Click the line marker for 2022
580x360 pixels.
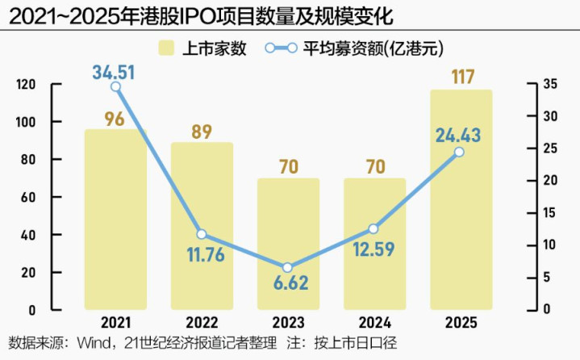tap(202, 234)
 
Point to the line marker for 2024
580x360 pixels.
tap(373, 229)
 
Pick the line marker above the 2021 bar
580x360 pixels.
tap(115, 86)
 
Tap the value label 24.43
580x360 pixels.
tap(458, 134)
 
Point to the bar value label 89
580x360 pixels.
tap(202, 131)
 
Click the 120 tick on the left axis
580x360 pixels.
tap(27, 84)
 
